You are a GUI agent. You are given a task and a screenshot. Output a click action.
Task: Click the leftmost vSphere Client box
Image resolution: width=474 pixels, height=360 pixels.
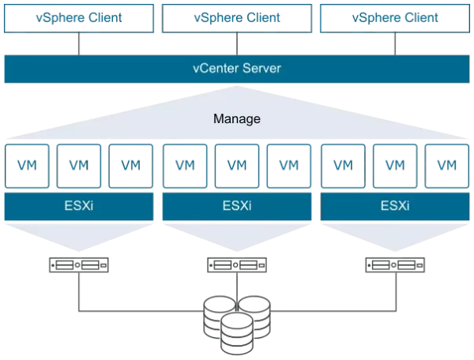click(78, 17)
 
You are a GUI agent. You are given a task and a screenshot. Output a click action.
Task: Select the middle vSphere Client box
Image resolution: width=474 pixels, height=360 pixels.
click(236, 17)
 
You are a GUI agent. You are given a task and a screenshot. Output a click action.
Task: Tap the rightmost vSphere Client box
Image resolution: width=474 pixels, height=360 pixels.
click(394, 17)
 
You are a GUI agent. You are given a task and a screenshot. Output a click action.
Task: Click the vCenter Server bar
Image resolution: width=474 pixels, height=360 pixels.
click(236, 69)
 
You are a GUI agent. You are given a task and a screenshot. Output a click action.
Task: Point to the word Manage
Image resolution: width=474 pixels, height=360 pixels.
click(236, 120)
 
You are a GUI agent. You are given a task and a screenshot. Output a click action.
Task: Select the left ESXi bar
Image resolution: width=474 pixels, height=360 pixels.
click(78, 207)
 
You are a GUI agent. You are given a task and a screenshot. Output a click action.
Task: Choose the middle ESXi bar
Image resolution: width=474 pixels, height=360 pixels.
click(236, 207)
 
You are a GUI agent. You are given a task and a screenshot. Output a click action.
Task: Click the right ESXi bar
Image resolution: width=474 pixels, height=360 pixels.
click(394, 207)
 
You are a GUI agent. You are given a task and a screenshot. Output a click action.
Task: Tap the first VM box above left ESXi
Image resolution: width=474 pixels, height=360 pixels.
click(27, 166)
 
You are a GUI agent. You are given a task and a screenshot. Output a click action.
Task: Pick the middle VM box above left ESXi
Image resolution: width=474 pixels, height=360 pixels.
click(78, 166)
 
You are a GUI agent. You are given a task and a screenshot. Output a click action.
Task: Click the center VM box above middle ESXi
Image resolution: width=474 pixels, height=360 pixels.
click(236, 166)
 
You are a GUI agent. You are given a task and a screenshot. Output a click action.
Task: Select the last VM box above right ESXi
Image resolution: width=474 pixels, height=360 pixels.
click(446, 166)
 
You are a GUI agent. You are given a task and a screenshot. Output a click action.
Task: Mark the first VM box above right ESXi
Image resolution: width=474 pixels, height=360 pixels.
click(343, 166)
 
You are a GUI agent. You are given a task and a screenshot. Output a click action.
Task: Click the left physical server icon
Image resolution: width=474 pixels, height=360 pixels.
click(78, 264)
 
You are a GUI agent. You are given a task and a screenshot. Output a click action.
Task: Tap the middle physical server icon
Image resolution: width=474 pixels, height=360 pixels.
click(236, 264)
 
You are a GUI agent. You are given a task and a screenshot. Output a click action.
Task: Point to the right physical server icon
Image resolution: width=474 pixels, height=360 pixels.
click(394, 264)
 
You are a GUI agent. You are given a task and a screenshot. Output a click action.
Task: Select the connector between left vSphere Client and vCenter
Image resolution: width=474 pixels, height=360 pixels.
click(78, 44)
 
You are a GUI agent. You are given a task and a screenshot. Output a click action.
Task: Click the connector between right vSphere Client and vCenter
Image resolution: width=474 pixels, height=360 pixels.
click(394, 44)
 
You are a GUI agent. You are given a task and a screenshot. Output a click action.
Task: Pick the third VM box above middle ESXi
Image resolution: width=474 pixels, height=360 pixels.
click(288, 166)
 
